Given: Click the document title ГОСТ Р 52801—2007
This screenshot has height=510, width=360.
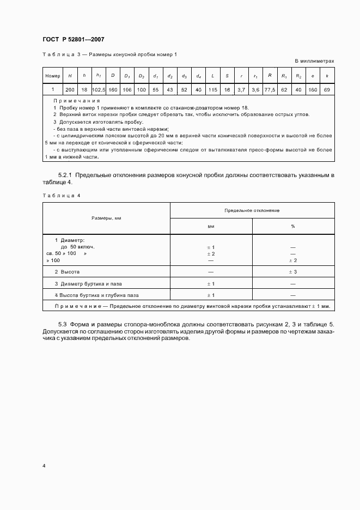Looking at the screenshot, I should point(73,39).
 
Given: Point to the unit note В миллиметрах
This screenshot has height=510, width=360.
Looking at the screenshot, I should point(315,61).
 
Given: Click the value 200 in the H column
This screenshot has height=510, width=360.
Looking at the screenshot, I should point(70,89).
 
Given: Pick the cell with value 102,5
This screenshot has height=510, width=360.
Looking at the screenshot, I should point(99,89).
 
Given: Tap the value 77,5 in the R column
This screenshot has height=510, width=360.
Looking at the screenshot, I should point(269,89).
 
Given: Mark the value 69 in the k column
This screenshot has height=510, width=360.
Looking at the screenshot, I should point(326,89).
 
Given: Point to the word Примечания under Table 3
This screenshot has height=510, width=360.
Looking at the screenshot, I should point(77,101).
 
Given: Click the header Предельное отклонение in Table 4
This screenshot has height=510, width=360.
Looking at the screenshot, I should point(252,210).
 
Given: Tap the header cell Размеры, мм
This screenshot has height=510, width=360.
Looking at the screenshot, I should point(106,218).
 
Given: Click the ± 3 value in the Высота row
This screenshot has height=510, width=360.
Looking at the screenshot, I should point(293,271).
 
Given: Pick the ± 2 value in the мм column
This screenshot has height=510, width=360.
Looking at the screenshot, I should point(211,254).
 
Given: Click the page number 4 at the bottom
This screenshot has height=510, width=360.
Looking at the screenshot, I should point(44,466).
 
